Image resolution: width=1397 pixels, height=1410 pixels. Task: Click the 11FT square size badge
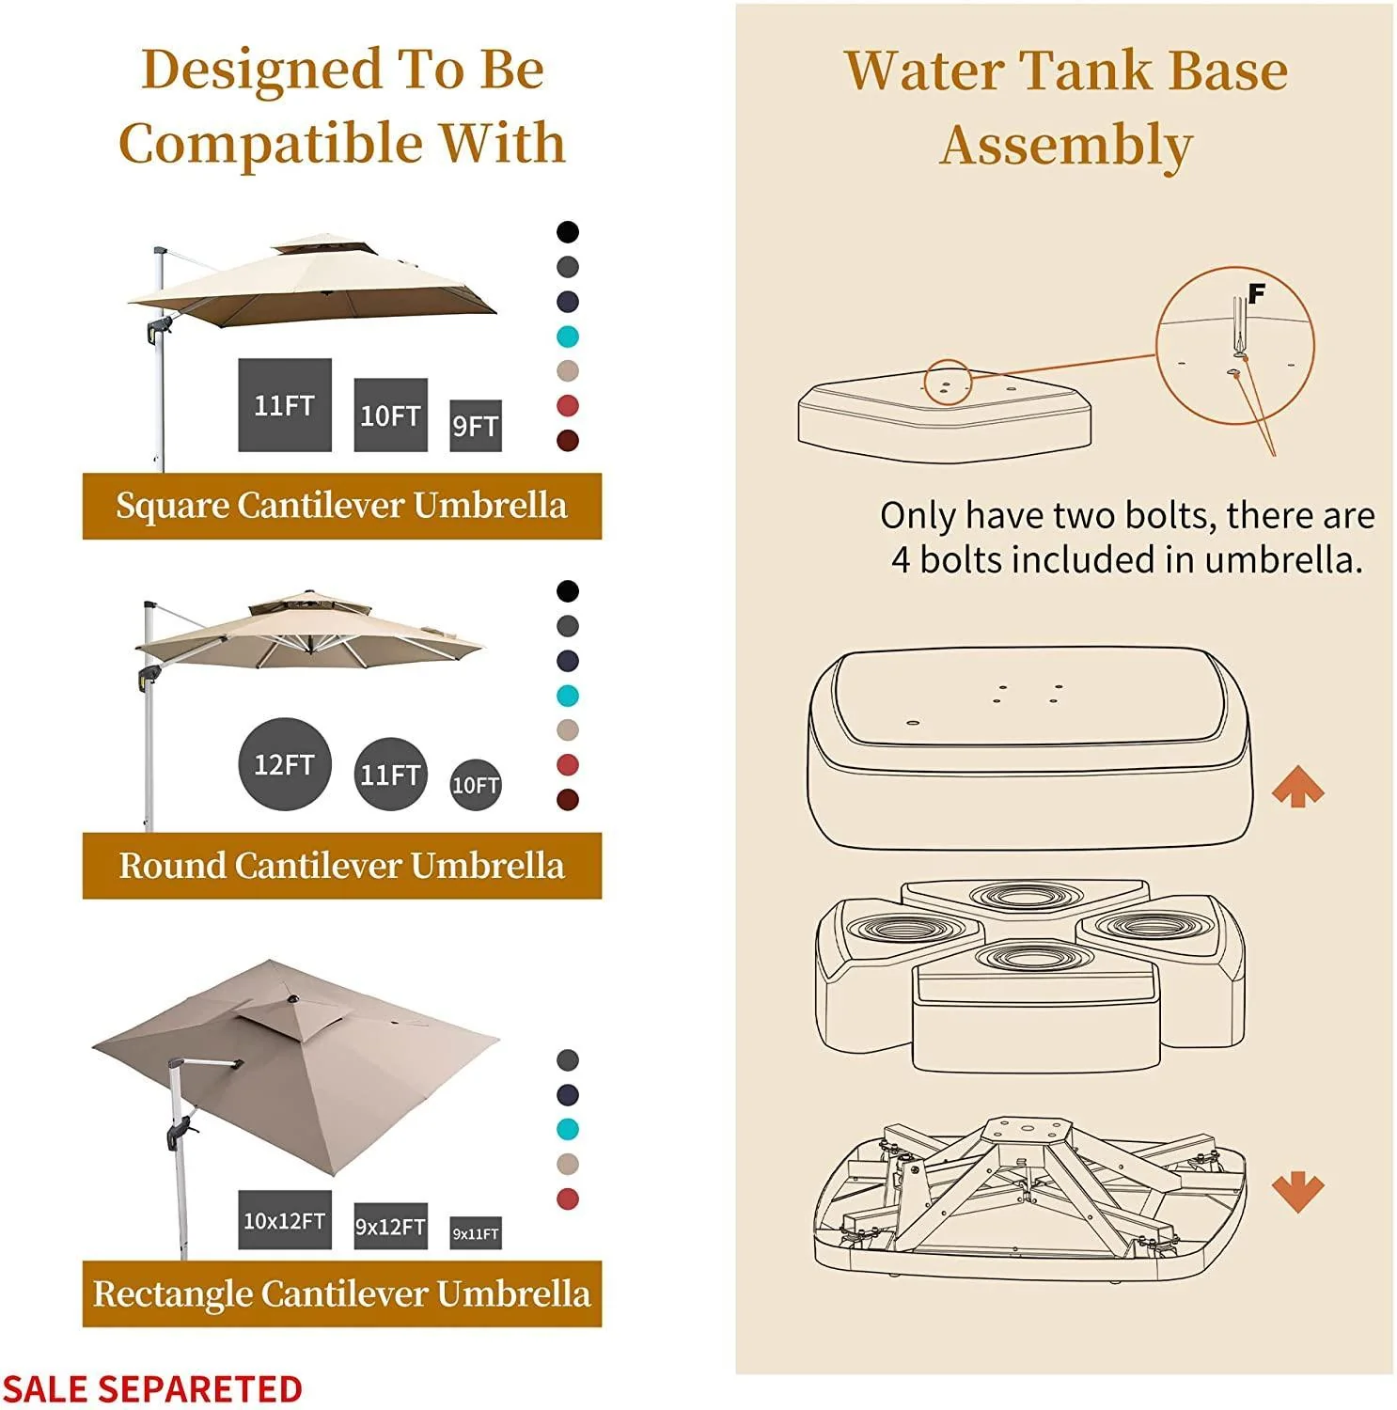click(x=284, y=405)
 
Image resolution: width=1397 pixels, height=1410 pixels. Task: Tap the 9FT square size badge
click(x=475, y=426)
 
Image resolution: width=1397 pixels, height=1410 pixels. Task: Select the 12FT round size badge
click(x=284, y=764)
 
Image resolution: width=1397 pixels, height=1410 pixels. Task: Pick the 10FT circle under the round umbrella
click(x=475, y=785)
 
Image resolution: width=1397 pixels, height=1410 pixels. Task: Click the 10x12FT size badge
click(x=284, y=1220)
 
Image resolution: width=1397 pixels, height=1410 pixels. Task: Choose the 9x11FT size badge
click(x=475, y=1233)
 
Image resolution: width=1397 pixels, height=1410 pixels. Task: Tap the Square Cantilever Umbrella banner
click(x=341, y=506)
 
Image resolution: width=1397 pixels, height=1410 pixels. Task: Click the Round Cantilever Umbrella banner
click(x=341, y=866)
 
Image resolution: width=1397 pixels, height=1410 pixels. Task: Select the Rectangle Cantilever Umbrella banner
click(x=341, y=1293)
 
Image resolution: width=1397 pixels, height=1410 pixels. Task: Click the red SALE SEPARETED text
click(x=152, y=1388)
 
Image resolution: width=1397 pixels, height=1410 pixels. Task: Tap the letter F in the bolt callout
click(x=1256, y=293)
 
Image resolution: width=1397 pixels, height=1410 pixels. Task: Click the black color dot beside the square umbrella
click(x=567, y=232)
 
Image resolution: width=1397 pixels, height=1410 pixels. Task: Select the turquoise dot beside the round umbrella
click(x=567, y=696)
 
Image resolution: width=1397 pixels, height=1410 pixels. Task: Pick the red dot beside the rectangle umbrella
click(x=567, y=1198)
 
